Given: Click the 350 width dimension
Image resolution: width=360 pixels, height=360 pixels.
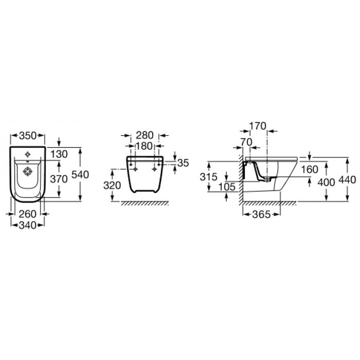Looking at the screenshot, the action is pyautogui.click(x=28, y=136).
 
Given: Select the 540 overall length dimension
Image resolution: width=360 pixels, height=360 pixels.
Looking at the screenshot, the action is pyautogui.click(x=80, y=175).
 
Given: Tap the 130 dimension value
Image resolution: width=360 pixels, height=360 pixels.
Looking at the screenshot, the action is pyautogui.click(x=59, y=154).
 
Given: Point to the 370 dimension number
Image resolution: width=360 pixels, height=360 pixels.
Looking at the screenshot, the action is pyautogui.click(x=59, y=179).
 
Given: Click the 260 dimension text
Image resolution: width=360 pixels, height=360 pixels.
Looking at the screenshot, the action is pyautogui.click(x=28, y=214).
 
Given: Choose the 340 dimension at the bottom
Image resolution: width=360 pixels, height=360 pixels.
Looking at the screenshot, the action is pyautogui.click(x=28, y=225).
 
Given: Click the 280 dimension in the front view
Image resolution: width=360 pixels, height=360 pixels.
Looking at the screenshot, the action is pyautogui.click(x=145, y=135).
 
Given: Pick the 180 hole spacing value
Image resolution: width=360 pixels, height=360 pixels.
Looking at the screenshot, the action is pyautogui.click(x=144, y=146).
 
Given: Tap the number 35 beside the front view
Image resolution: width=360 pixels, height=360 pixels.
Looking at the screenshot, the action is pyautogui.click(x=183, y=163).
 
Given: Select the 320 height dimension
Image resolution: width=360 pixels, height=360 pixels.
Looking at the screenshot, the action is pyautogui.click(x=112, y=186).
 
